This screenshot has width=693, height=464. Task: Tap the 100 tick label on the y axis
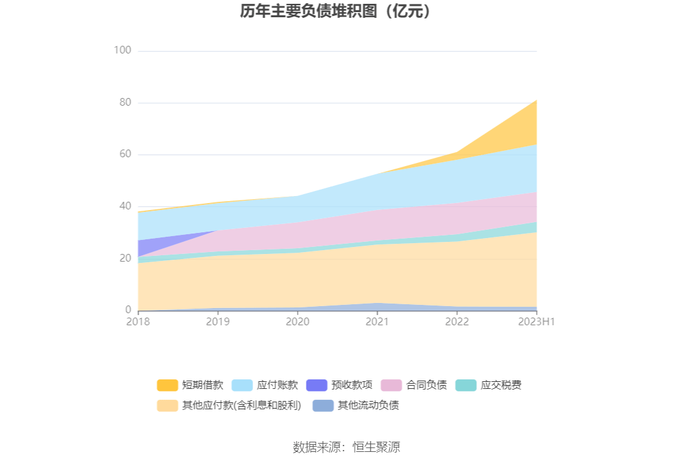point(122,50)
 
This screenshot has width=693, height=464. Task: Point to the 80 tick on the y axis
point(125,102)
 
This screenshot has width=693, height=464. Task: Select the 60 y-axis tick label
point(125,155)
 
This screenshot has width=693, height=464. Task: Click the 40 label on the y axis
point(125,206)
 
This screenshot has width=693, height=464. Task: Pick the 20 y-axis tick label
point(125,258)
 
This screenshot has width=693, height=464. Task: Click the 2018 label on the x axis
point(138,322)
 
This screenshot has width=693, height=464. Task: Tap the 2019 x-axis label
point(218,322)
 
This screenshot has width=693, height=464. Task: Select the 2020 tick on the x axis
point(298,322)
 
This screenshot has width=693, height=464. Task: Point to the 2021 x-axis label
point(377,322)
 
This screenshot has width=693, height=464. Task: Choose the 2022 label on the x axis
point(457,322)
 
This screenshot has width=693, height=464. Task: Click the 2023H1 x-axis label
point(537,322)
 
